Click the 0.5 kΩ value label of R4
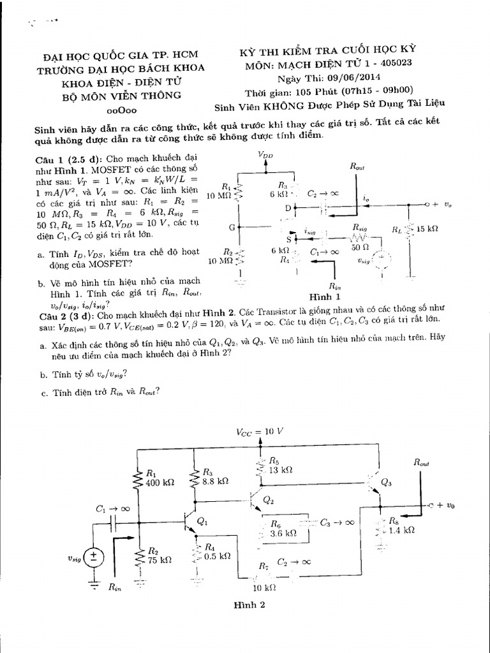point(217,556)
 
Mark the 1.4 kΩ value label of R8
point(401,529)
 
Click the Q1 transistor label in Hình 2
point(202,521)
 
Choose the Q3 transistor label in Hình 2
point(386,483)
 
